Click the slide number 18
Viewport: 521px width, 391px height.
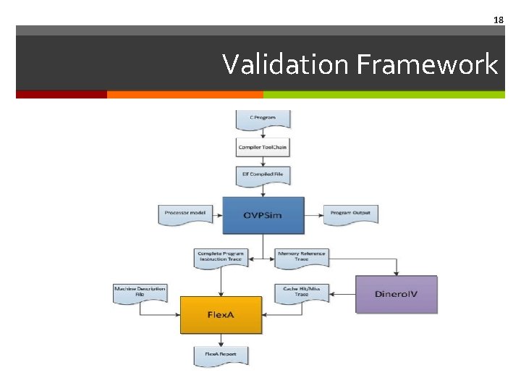click(x=498, y=20)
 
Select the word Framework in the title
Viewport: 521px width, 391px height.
click(x=427, y=64)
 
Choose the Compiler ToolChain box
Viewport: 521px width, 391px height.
click(x=263, y=147)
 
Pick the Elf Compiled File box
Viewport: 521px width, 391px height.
click(x=263, y=175)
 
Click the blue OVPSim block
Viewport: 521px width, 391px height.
click(x=263, y=214)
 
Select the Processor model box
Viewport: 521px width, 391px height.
click(x=184, y=214)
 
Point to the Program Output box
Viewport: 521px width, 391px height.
click(x=350, y=214)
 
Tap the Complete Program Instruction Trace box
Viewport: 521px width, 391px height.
click(x=220, y=257)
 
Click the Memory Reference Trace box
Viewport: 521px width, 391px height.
click(x=302, y=257)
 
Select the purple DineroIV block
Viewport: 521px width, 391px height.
click(x=397, y=294)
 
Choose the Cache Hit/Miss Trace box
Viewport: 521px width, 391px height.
click(x=302, y=292)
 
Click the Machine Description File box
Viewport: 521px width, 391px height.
click(x=140, y=292)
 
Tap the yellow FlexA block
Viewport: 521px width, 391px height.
click(x=221, y=315)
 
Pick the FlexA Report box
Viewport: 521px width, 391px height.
click(x=221, y=355)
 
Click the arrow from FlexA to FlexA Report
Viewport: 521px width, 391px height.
click(x=221, y=340)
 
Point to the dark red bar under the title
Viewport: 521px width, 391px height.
click(x=62, y=94)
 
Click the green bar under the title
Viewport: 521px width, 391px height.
click(x=384, y=94)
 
